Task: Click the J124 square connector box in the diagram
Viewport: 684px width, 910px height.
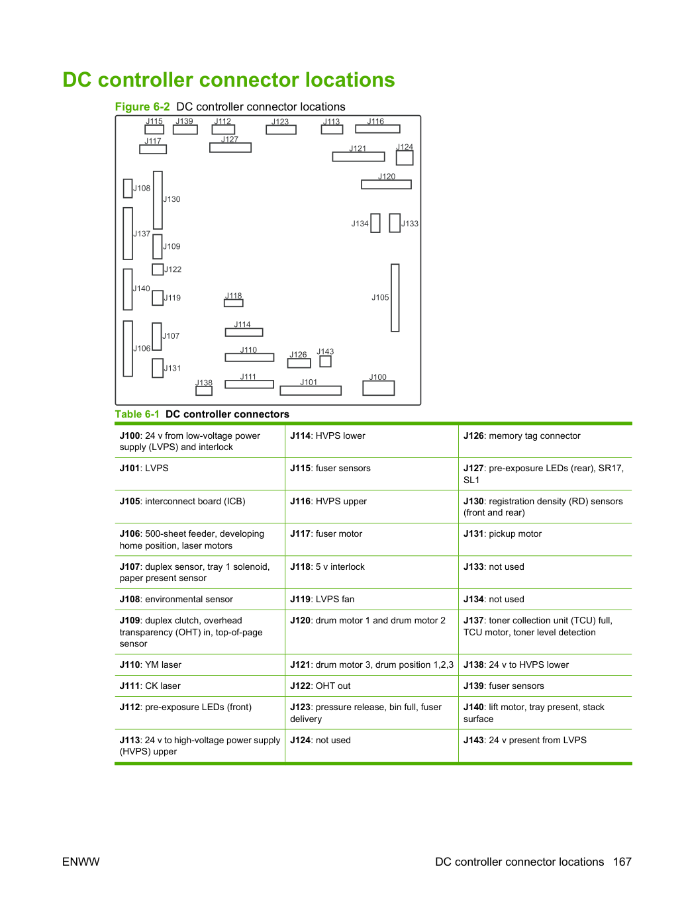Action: point(405,158)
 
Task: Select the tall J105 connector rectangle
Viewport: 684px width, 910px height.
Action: point(395,298)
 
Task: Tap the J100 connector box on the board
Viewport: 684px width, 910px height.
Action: point(378,388)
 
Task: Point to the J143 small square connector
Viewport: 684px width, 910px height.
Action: point(325,361)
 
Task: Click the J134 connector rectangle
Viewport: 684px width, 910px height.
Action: point(375,223)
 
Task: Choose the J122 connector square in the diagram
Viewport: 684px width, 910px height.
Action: point(158,269)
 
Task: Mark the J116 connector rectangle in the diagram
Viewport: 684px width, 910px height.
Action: point(377,129)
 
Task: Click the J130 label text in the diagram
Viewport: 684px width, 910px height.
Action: point(171,199)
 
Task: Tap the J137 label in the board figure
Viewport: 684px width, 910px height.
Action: point(142,234)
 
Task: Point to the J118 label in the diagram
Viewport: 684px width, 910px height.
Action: point(234,296)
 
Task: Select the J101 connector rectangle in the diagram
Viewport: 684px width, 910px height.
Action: point(311,390)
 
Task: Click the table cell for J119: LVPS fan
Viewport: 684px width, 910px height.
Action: point(371,599)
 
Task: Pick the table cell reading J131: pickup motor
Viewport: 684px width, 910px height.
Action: point(545,539)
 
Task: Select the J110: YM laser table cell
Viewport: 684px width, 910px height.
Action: point(200,664)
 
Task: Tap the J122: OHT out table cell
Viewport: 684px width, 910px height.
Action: point(371,686)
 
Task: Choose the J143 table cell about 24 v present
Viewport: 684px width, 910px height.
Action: point(545,745)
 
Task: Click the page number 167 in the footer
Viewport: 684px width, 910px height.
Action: point(622,862)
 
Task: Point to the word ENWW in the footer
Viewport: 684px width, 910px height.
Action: point(81,862)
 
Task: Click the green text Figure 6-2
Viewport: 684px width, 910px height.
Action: point(142,107)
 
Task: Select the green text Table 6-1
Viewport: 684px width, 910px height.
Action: point(137,414)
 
